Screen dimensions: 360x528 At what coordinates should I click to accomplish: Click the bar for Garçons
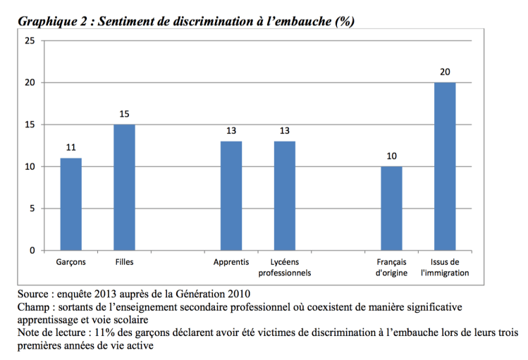tap(70, 204)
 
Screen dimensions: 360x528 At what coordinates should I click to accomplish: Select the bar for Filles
tap(124, 187)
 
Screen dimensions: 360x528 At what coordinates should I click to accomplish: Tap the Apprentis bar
tap(231, 196)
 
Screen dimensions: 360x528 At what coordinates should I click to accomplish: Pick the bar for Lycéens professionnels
tap(284, 196)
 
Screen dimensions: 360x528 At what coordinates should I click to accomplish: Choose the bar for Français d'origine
tap(391, 209)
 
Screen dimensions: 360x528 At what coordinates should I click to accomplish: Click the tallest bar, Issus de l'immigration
tap(445, 166)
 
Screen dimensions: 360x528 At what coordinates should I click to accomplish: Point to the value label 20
tap(445, 72)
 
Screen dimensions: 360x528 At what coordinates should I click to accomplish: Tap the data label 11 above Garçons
tap(70, 148)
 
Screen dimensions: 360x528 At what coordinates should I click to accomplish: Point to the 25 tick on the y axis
tap(30, 41)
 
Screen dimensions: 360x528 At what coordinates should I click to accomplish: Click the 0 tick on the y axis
tap(32, 251)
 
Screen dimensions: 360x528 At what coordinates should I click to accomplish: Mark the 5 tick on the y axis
tap(32, 209)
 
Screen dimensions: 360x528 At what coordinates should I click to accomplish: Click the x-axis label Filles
tap(124, 262)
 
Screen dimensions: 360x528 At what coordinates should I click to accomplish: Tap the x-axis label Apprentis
tap(231, 262)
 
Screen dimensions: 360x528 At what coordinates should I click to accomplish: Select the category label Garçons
tap(70, 262)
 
